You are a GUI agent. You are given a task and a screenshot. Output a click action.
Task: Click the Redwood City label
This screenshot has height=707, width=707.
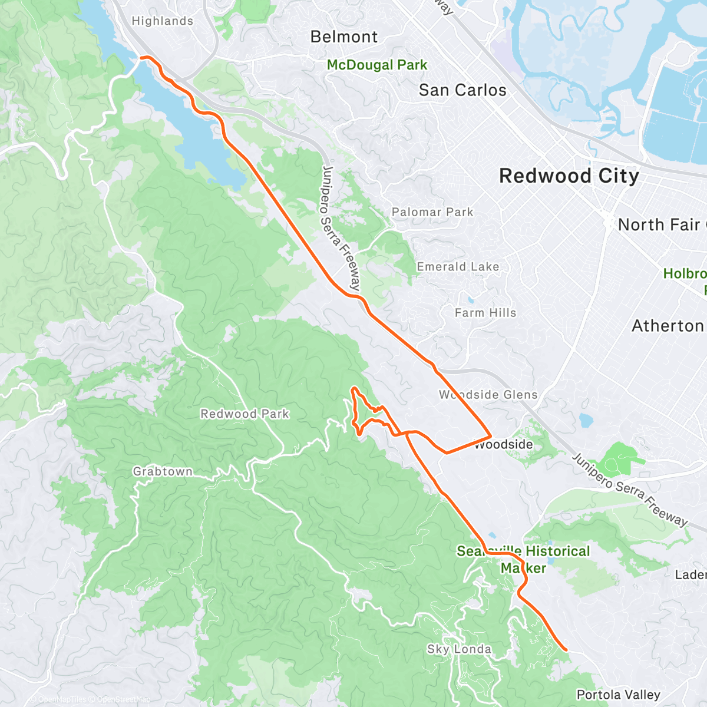tap(569, 176)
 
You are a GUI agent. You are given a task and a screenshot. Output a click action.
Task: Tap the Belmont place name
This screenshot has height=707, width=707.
tap(344, 37)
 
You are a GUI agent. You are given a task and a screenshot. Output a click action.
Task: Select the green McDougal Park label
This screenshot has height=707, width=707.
tap(377, 65)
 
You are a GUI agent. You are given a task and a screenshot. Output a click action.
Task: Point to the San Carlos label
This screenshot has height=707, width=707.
tap(462, 90)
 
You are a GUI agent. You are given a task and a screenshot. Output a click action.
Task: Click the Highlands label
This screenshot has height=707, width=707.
tap(162, 21)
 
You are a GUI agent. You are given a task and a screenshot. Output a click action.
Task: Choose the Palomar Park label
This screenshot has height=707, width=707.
tap(432, 212)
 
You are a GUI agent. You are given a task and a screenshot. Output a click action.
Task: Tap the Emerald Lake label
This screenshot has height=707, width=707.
tap(458, 267)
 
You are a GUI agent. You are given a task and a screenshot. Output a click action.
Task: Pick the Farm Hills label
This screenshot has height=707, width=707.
tap(485, 313)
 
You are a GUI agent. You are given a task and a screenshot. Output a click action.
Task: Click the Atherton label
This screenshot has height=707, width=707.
tap(668, 326)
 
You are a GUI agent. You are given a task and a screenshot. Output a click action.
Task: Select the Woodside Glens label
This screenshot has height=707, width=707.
tap(488, 395)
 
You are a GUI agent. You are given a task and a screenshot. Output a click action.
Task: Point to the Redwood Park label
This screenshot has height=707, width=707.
tap(245, 414)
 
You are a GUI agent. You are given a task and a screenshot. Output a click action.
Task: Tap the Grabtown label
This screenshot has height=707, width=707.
tap(163, 471)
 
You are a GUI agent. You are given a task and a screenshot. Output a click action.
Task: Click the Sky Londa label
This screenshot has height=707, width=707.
tap(459, 649)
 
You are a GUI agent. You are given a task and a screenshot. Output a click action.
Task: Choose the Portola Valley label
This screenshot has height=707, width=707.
tap(618, 695)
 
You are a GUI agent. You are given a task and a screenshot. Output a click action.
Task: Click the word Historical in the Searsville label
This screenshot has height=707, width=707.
tap(557, 551)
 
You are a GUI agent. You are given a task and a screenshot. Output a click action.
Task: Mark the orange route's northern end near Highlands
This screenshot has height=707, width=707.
tap(141, 57)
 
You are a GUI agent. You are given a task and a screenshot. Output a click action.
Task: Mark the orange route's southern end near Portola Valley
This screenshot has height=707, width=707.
tap(566, 650)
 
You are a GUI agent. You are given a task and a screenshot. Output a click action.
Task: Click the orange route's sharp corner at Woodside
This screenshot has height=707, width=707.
tap(491, 437)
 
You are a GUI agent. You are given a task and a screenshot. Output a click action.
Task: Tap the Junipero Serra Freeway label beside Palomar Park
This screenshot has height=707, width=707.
tap(341, 229)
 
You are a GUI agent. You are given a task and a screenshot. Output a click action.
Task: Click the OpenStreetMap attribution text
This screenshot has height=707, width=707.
tap(124, 699)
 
